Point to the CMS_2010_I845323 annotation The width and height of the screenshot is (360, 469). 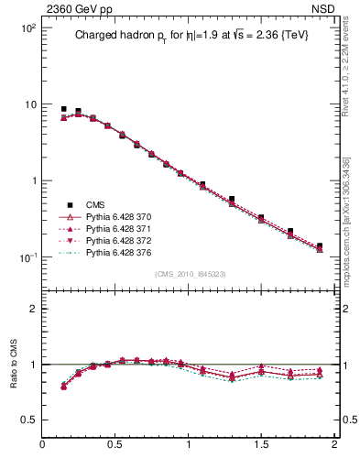point(189,274)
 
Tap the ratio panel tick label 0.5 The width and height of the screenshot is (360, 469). point(27,420)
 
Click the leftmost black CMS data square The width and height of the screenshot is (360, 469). point(63,109)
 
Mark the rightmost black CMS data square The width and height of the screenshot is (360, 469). point(319,245)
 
